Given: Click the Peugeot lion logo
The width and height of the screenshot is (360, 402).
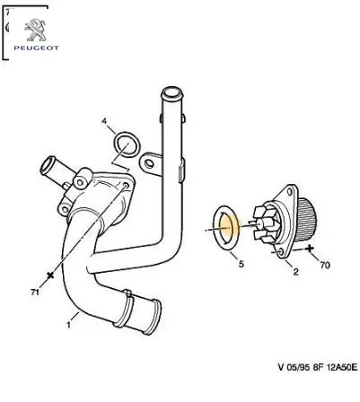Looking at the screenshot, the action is (x=35, y=30).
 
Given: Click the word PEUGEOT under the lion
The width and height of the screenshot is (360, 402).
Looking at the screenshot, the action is (x=36, y=48).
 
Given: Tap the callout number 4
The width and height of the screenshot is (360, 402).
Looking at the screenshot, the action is (x=104, y=121).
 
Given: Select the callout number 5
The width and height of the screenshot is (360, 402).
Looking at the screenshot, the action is (x=241, y=264).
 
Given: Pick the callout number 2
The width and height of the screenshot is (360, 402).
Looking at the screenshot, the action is (x=295, y=272).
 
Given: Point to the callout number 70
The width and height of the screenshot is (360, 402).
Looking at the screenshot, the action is (x=325, y=265).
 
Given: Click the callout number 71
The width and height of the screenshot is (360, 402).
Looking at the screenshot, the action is (x=35, y=292).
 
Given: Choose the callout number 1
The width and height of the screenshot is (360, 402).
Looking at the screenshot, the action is (x=68, y=325).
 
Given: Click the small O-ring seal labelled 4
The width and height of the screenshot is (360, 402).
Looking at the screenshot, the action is (x=127, y=145).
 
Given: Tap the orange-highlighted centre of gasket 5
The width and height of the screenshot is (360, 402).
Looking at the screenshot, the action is (x=229, y=227).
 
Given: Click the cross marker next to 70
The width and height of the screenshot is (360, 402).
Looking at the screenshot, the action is (x=310, y=248).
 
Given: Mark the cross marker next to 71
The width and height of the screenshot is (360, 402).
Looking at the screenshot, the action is (x=50, y=275).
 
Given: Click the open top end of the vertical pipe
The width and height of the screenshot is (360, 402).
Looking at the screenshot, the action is (x=171, y=92).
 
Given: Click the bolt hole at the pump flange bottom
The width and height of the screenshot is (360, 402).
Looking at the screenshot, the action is (x=281, y=252).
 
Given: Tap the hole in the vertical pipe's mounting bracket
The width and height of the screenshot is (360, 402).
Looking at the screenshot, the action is (x=148, y=163).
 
